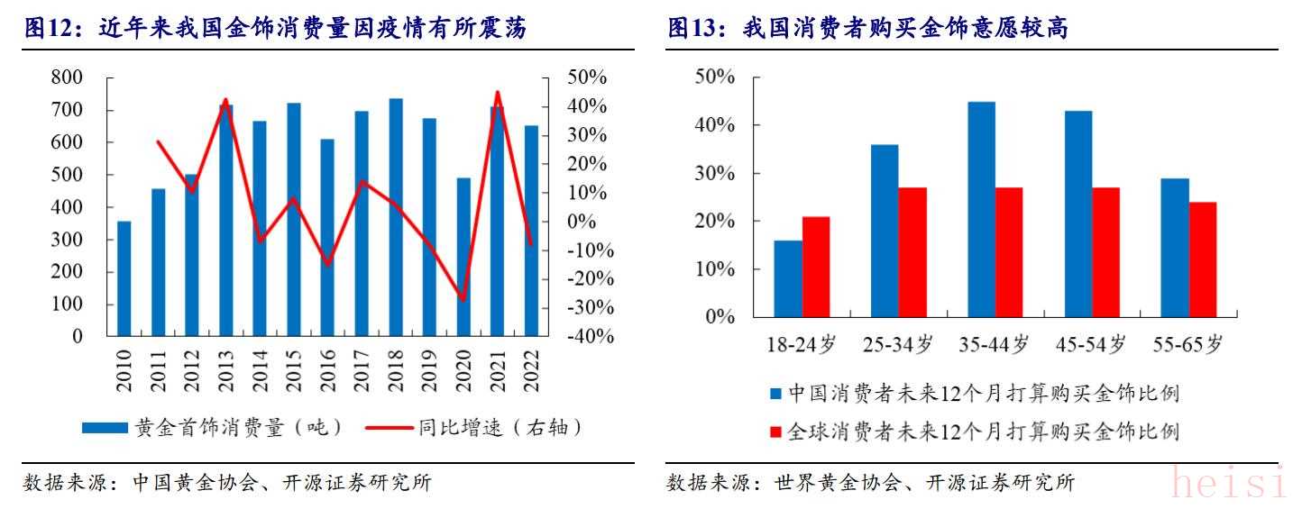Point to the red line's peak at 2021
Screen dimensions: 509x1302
(x=497, y=92)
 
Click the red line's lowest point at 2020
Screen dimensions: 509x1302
(x=463, y=300)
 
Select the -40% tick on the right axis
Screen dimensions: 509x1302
(x=591, y=337)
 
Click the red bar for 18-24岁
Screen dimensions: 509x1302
(x=816, y=267)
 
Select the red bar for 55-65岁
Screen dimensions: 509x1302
(x=1203, y=259)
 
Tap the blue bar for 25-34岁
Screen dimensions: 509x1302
(x=885, y=231)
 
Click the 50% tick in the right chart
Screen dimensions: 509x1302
(x=715, y=77)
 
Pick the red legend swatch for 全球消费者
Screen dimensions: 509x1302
(x=775, y=432)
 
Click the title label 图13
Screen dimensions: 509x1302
(x=700, y=29)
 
